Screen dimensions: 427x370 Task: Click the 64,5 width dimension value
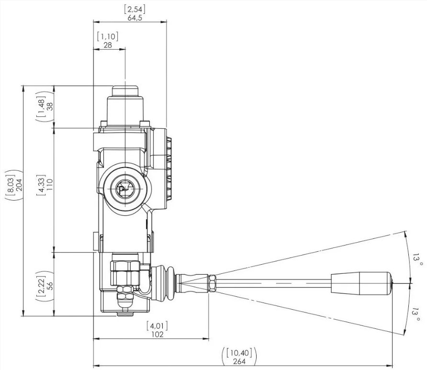tap(135, 18)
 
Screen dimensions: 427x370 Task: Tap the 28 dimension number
tap(108, 45)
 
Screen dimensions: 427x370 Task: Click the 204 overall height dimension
tap(19, 185)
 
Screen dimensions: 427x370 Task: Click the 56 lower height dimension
tap(50, 285)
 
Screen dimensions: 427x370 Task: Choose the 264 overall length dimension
tap(239, 361)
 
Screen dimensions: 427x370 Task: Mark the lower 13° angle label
tap(416, 314)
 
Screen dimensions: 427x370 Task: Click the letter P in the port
tap(122, 190)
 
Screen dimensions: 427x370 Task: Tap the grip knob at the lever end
tap(361, 283)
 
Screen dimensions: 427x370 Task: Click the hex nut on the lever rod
tap(212, 283)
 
